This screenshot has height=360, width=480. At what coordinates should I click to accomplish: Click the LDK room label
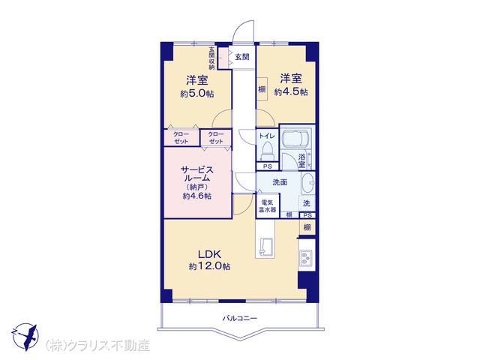point(209,254)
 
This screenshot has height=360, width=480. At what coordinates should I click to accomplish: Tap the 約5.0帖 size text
point(196,94)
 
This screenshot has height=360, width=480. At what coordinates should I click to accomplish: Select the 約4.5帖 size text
point(291,91)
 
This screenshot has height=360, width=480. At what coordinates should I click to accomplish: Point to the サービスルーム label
point(196,173)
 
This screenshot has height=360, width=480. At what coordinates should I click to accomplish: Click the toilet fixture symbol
point(268,151)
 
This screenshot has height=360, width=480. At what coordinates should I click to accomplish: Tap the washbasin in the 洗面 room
point(308,183)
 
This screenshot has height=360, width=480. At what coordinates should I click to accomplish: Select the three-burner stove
point(306,257)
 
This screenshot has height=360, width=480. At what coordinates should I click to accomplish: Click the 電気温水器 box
point(268,205)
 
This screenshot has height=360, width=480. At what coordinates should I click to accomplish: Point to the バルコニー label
point(240,318)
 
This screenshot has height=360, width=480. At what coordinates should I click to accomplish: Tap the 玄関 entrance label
point(242,57)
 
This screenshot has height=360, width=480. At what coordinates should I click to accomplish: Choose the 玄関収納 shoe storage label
point(211,58)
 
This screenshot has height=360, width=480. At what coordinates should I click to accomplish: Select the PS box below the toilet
point(268,166)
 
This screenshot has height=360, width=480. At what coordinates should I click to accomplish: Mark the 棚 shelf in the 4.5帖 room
point(262,89)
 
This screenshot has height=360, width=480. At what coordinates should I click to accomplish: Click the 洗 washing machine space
point(307,203)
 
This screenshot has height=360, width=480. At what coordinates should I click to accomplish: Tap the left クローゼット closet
point(181,138)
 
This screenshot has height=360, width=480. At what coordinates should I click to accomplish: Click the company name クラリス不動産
point(98,345)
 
